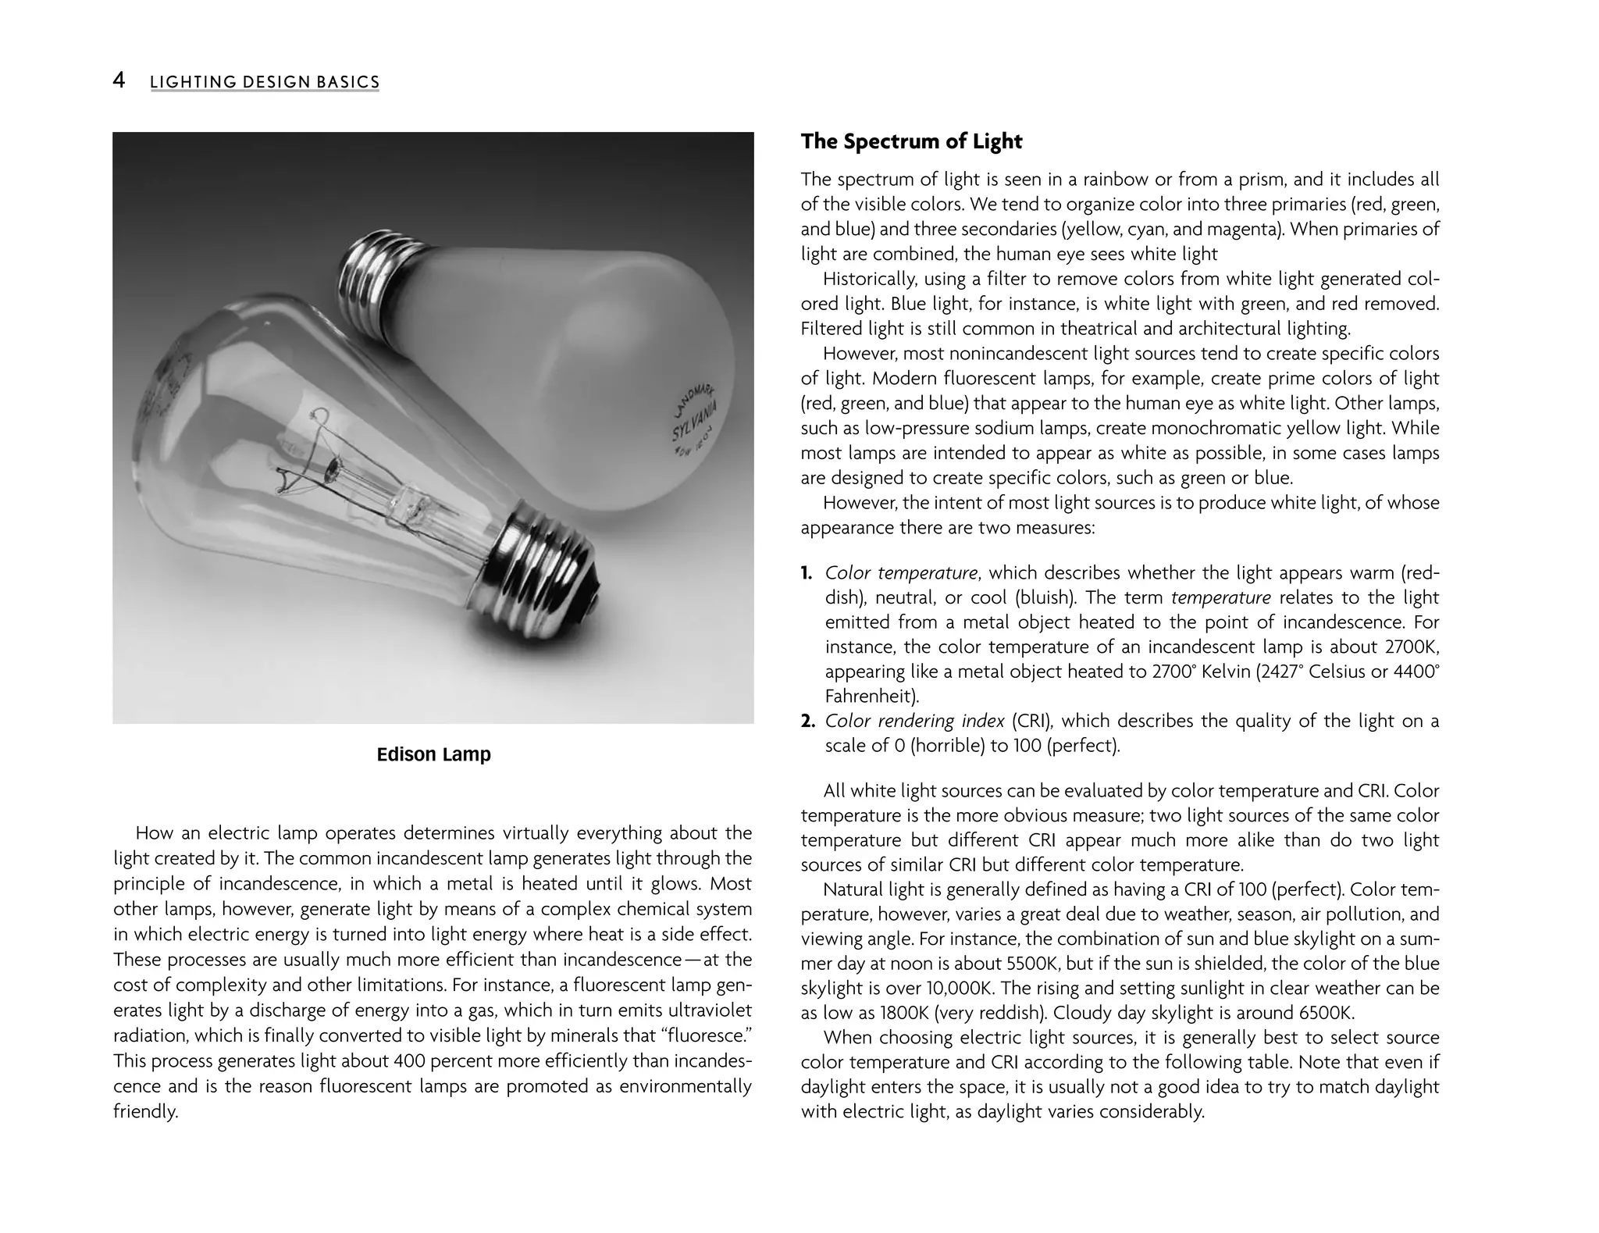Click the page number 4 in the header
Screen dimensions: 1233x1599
pos(119,80)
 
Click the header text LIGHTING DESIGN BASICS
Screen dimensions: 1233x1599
pos(265,82)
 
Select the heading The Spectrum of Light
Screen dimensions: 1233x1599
pos(911,141)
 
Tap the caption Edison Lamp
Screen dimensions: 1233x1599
pos(433,754)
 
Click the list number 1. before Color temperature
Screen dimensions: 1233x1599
pos(807,573)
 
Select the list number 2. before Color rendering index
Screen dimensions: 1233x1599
pos(808,721)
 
